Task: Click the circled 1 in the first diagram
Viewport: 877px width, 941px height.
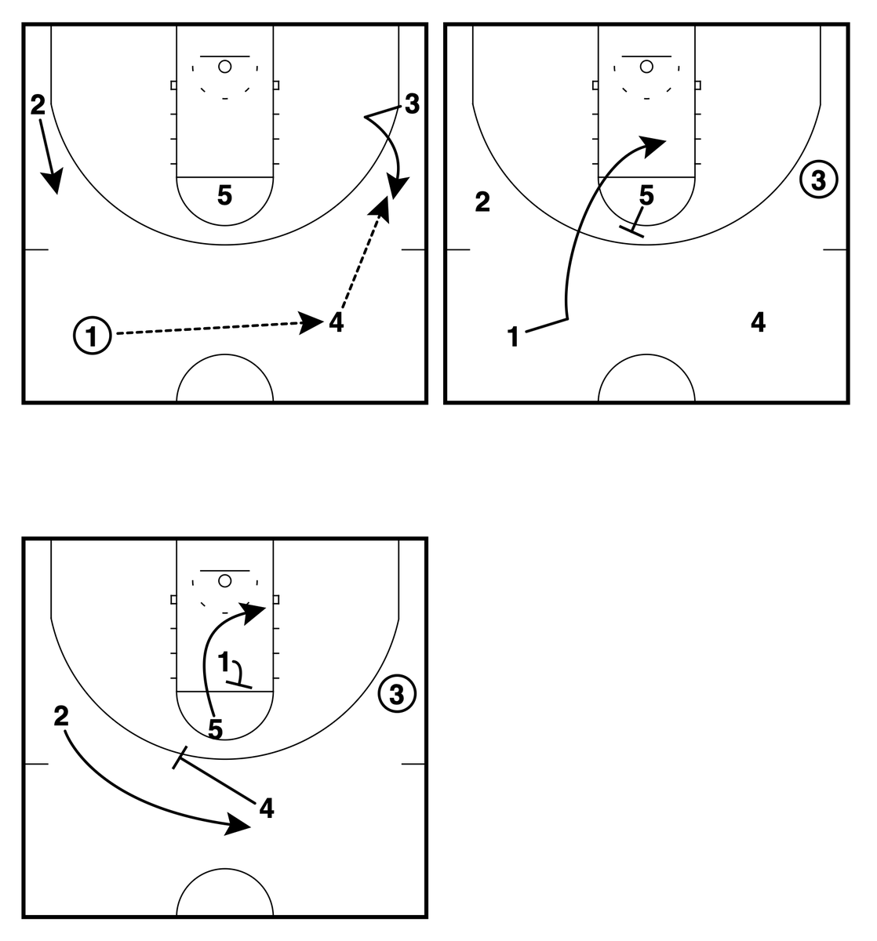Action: click(93, 336)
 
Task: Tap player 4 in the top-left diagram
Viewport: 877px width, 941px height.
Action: click(337, 322)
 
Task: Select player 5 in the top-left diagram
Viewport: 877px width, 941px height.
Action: click(225, 196)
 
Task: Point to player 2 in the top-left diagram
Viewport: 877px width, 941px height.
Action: click(38, 104)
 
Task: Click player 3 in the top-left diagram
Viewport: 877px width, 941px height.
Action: click(412, 103)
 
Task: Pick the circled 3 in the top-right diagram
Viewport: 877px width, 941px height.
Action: click(819, 180)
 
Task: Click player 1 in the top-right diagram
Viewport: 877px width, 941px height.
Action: click(514, 339)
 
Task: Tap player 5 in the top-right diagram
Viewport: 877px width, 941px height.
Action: click(646, 195)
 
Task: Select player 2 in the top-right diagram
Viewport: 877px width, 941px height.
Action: click(482, 203)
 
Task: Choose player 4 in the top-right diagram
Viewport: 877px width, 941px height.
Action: click(758, 322)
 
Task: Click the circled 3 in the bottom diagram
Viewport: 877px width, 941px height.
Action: click(397, 693)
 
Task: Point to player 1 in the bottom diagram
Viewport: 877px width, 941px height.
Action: click(224, 663)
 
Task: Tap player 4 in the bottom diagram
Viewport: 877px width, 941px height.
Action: click(267, 808)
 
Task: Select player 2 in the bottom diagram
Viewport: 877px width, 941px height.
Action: click(61, 715)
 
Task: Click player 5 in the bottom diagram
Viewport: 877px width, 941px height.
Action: click(216, 728)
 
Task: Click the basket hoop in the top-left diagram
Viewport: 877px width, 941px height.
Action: click(225, 67)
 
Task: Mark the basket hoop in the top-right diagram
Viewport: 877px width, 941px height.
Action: click(646, 67)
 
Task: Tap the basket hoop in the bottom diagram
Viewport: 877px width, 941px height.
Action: click(225, 580)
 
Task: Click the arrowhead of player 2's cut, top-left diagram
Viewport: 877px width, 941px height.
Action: click(53, 184)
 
